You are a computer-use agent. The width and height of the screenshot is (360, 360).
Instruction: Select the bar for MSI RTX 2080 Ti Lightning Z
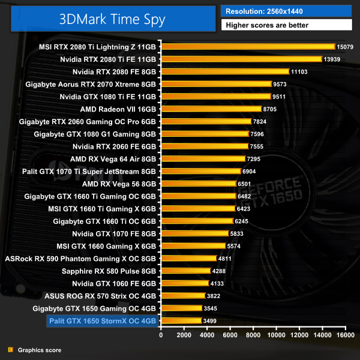point(248,46)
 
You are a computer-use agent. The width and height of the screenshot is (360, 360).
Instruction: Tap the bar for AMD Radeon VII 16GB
point(211,109)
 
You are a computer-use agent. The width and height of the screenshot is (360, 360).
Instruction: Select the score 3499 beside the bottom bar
point(211,321)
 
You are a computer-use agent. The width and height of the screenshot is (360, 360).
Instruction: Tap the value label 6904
point(249,171)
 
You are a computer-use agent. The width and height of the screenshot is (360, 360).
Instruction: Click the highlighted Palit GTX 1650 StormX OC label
point(103,321)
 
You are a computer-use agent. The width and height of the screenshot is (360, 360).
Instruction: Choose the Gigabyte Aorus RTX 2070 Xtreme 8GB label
point(91,84)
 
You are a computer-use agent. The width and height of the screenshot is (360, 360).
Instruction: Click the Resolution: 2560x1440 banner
point(287,11)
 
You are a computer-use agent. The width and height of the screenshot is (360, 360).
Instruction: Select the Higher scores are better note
point(287,25)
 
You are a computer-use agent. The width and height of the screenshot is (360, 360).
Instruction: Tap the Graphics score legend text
point(40,350)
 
